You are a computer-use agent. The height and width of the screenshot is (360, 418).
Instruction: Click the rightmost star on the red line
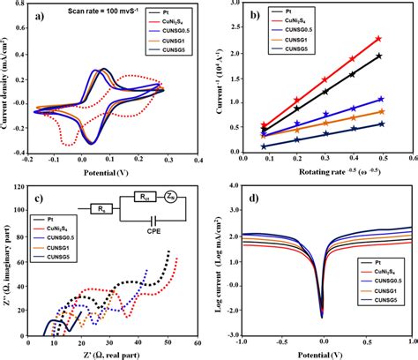click(378, 39)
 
